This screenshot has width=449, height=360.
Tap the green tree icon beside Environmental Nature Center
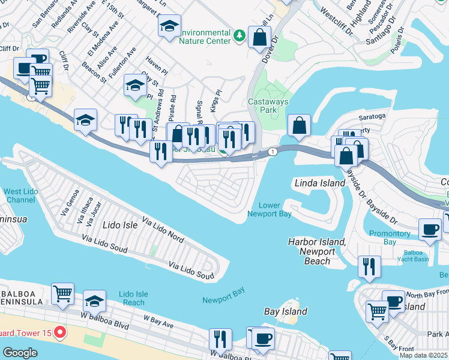click(x=240, y=36)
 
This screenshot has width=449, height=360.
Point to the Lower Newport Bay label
click(x=270, y=209)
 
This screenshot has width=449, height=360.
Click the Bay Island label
click(x=286, y=311)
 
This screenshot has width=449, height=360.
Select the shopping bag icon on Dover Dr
click(x=259, y=37)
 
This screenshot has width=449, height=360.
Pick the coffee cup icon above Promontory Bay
click(x=430, y=229)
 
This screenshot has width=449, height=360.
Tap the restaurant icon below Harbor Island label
click(x=369, y=266)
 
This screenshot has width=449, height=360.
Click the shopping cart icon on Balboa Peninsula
click(x=62, y=293)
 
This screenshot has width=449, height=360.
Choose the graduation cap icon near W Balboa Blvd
click(x=94, y=301)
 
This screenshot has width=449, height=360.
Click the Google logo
click(x=20, y=353)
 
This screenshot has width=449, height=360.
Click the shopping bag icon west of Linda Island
click(x=298, y=126)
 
